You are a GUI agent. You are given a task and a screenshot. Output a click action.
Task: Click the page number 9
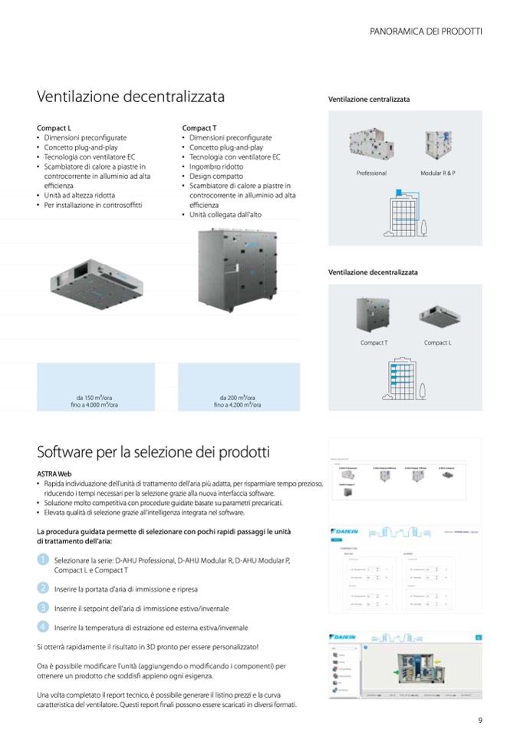point(479,719)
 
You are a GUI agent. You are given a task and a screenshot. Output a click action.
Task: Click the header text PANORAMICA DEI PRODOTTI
point(426,31)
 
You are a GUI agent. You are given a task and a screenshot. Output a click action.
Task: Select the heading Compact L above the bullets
point(54,127)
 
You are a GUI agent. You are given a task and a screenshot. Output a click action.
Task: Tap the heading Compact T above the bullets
point(199,127)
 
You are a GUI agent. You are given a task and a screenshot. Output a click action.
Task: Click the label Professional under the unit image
point(371,173)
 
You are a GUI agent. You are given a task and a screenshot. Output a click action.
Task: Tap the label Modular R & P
point(438,173)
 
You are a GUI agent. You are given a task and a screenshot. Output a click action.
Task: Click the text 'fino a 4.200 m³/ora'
point(237,404)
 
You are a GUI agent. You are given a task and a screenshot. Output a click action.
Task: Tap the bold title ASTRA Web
point(54,474)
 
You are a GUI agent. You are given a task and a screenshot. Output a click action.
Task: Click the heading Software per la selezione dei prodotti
point(153,452)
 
